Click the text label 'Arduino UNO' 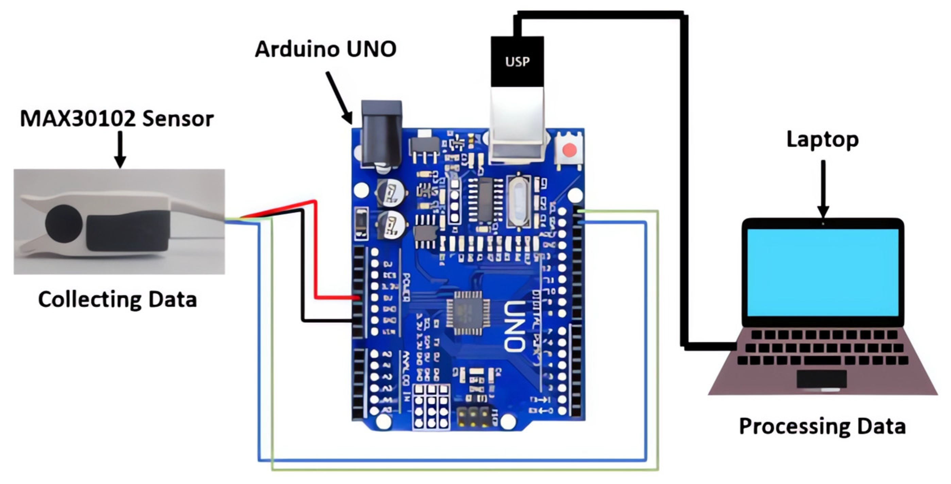(326, 49)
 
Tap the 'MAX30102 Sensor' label (117, 119)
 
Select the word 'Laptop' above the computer (822, 140)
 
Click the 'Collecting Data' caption (117, 300)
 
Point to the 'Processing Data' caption (822, 426)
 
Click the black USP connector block (517, 62)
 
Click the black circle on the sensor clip (64, 224)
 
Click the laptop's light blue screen (823, 272)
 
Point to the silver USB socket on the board (517, 126)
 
